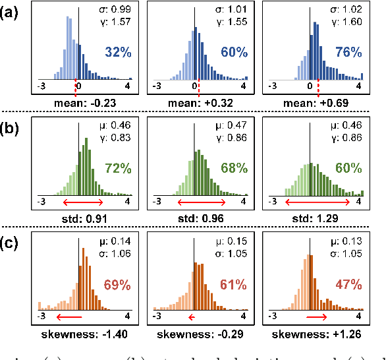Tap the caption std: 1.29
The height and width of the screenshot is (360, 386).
point(313,218)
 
